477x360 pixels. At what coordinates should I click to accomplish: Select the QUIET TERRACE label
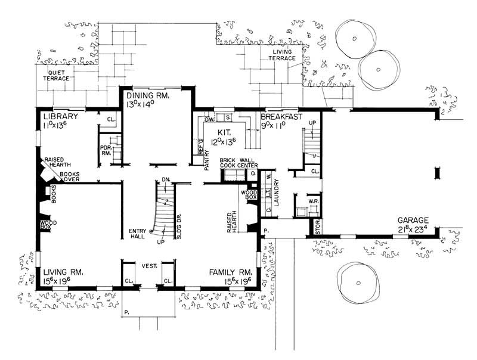tap(55, 75)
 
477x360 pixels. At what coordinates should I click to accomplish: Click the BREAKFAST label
tap(282, 117)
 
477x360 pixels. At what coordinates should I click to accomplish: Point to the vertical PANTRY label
tap(206, 160)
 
